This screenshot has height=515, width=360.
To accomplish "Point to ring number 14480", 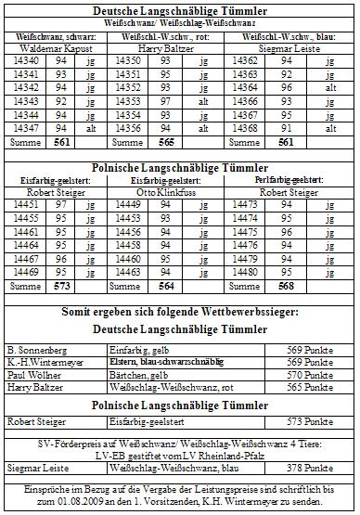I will (x=263, y=272).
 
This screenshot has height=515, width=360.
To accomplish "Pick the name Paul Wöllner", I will (x=31, y=375).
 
